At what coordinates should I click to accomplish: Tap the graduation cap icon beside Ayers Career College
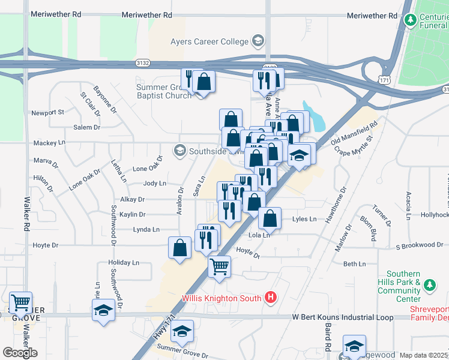pyautogui.click(x=258, y=41)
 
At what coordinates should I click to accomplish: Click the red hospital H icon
pyautogui.click(x=271, y=298)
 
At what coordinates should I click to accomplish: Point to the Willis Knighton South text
pyautogui.click(x=222, y=298)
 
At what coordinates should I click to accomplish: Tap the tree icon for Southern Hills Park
pyautogui.click(x=429, y=283)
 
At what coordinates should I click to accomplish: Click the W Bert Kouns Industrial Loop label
pyautogui.click(x=343, y=317)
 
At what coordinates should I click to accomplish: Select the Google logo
pyautogui.click(x=20, y=353)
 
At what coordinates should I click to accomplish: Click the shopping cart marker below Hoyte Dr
pyautogui.click(x=220, y=265)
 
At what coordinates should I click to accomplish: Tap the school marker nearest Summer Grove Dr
pyautogui.click(x=182, y=331)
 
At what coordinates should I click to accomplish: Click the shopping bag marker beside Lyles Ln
pyautogui.click(x=271, y=219)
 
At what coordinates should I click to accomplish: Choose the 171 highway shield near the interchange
pyautogui.click(x=384, y=80)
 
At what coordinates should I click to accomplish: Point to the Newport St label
pyautogui.click(x=47, y=112)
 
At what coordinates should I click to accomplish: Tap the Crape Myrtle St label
pyautogui.click(x=354, y=146)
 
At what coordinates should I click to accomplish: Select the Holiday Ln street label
pyautogui.click(x=123, y=263)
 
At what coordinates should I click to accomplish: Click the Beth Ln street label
pyautogui.click(x=354, y=264)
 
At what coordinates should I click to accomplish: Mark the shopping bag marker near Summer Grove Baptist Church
pyautogui.click(x=204, y=80)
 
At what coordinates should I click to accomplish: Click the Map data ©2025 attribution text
pyautogui.click(x=424, y=355)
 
